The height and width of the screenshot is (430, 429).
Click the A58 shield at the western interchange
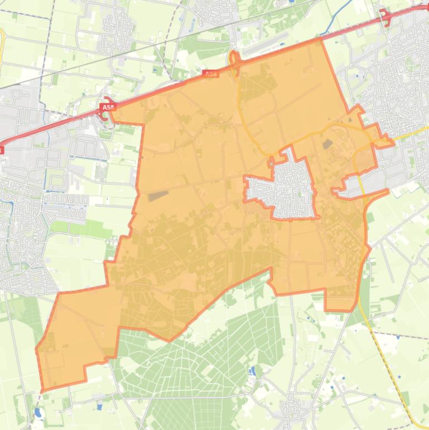(x=107, y=106)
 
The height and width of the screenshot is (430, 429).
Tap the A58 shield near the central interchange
(x=210, y=74)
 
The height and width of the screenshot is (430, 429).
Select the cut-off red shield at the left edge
(x=1, y=150)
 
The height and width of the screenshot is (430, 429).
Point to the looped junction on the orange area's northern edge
(x=235, y=61)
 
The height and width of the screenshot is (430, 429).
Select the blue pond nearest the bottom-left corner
(x=37, y=413)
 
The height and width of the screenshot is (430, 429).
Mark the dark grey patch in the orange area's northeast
(x=328, y=144)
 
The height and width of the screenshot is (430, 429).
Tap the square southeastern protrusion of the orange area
(x=340, y=302)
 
